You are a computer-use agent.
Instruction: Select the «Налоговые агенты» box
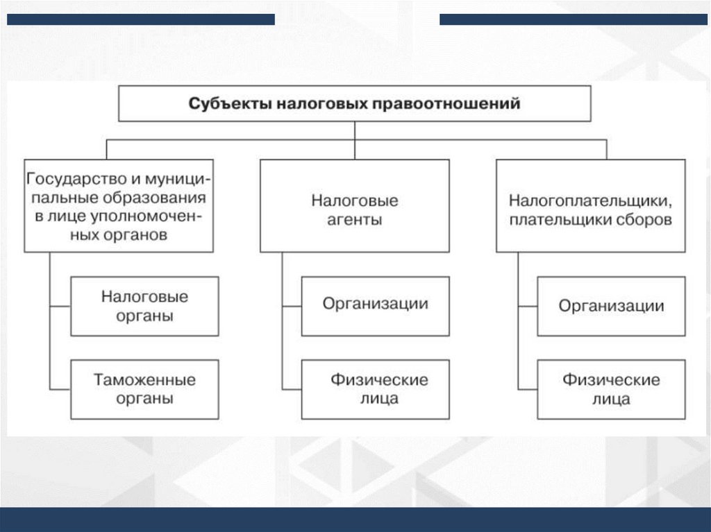click(x=354, y=205)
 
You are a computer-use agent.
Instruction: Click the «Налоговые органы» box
click(x=144, y=306)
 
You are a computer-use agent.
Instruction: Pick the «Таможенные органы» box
click(x=144, y=388)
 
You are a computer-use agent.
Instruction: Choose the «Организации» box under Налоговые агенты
click(x=375, y=306)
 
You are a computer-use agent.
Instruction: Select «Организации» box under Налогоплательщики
click(x=612, y=306)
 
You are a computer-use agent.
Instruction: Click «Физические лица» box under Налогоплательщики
click(x=611, y=388)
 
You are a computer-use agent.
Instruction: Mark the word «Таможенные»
click(x=144, y=380)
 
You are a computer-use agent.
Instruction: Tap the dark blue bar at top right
click(x=574, y=19)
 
